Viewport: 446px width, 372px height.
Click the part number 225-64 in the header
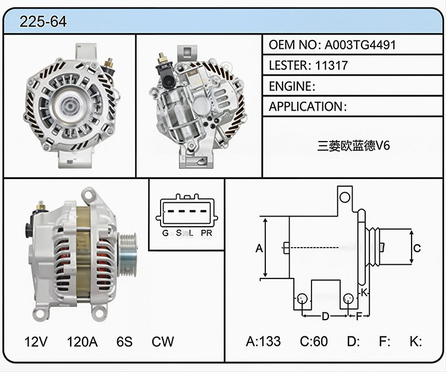click(x=43, y=21)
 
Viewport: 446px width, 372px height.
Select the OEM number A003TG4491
click(x=360, y=45)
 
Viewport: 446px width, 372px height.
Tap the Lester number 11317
click(x=331, y=65)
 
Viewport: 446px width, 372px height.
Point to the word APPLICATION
click(x=306, y=107)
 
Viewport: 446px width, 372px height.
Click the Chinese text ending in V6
click(x=353, y=146)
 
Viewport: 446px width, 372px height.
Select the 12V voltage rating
click(x=36, y=342)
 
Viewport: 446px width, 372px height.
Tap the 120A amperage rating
click(x=82, y=342)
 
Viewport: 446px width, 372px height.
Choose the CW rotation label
click(x=163, y=342)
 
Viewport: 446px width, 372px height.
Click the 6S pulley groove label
click(x=124, y=342)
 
